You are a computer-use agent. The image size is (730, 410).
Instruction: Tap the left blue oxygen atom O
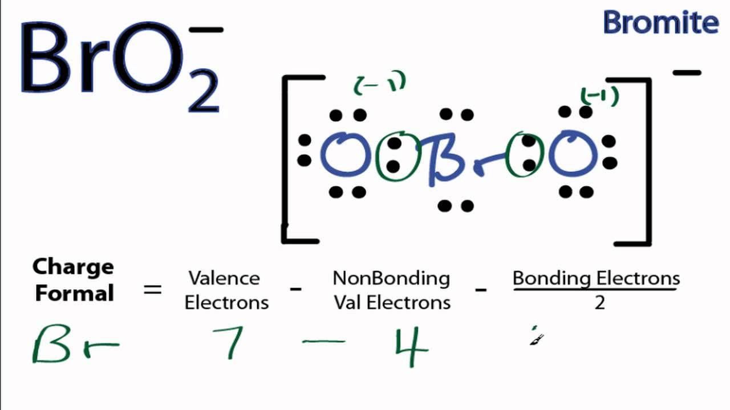tap(345, 155)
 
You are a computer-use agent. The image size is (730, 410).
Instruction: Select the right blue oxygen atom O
tap(573, 155)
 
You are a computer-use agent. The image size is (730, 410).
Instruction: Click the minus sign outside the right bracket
tap(687, 73)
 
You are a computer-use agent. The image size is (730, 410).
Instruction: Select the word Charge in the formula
tap(73, 266)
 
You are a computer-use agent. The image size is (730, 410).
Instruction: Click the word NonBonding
tap(391, 278)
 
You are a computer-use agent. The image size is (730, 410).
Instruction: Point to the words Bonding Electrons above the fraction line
tap(596, 278)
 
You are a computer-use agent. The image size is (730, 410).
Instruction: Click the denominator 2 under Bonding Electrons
tap(599, 303)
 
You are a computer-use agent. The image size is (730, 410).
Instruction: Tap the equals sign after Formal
tap(152, 290)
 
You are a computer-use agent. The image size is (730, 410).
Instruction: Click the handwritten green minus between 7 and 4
tap(323, 342)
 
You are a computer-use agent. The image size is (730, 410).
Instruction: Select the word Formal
tap(74, 294)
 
